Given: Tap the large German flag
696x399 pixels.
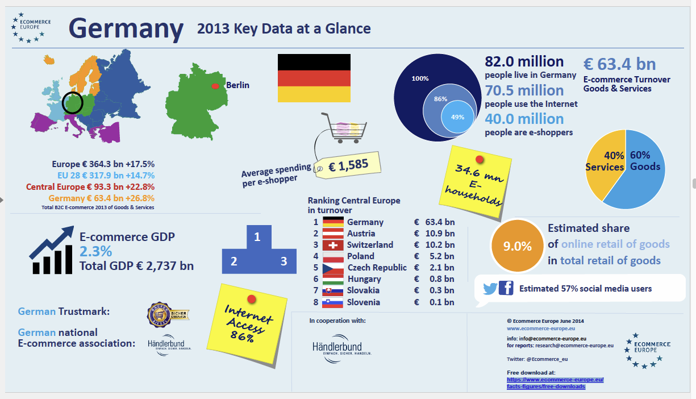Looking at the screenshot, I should click(x=314, y=78).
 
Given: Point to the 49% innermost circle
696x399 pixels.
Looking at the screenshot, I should click(x=457, y=117).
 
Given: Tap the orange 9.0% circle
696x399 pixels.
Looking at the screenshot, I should click(x=518, y=246).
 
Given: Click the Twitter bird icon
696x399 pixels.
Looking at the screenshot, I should click(x=490, y=289).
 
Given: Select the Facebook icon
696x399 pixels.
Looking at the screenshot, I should click(x=506, y=289).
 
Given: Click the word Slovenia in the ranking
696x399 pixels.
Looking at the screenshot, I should click(x=363, y=302).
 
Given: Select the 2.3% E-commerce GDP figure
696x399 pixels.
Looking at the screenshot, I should click(x=95, y=251).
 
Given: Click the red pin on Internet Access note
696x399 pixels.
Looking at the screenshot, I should click(x=251, y=298).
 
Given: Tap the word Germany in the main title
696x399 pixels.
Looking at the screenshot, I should click(x=126, y=28).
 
